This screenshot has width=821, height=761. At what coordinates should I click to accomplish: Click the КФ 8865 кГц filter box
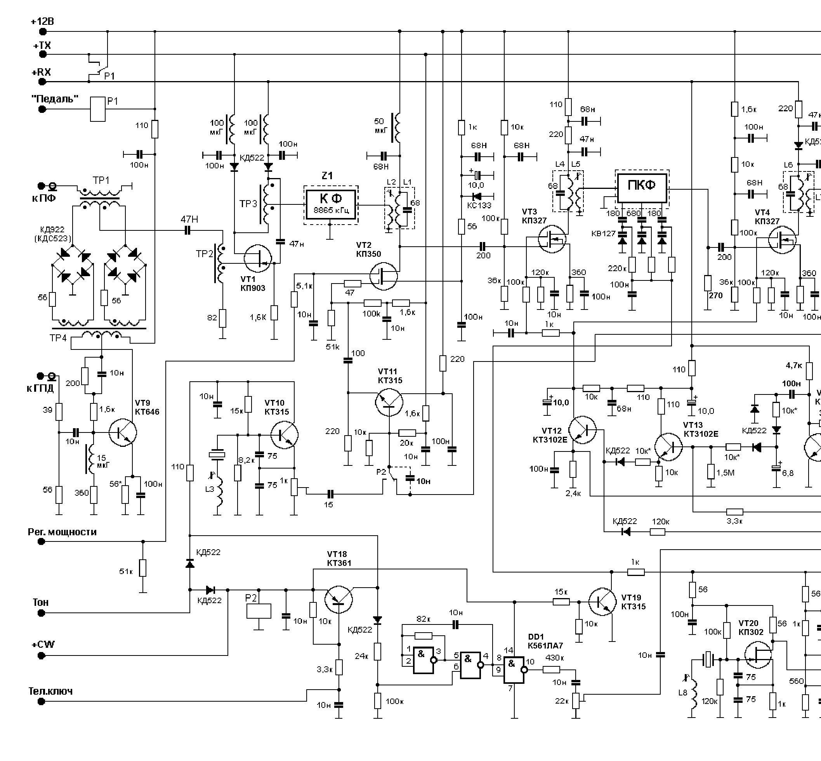(x=331, y=205)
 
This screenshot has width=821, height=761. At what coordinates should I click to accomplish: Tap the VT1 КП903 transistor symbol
(x=258, y=258)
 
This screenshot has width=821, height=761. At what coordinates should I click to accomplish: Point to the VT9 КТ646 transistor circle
(x=123, y=432)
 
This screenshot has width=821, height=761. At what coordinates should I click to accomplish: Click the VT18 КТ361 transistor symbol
(x=339, y=600)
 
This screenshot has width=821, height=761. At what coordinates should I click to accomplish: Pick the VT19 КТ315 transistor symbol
(x=602, y=602)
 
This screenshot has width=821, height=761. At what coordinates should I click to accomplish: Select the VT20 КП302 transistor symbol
(x=758, y=655)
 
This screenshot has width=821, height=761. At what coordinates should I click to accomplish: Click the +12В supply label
(x=42, y=21)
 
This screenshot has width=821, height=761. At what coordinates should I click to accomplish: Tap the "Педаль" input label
(x=55, y=99)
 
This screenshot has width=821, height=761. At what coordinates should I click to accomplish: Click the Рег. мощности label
(x=62, y=532)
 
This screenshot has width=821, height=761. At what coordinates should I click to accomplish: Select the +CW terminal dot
(x=41, y=655)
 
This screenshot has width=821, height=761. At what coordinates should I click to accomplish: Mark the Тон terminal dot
(x=41, y=613)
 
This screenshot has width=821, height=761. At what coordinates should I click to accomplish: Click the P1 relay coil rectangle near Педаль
(x=98, y=109)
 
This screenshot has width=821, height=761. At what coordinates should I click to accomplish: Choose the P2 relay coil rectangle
(x=259, y=611)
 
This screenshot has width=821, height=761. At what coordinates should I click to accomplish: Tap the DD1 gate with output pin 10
(x=514, y=670)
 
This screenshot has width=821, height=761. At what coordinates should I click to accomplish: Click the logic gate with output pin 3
(x=424, y=660)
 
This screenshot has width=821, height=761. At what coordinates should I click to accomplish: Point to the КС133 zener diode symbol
(x=477, y=196)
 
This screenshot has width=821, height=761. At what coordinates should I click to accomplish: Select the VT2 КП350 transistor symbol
(x=384, y=276)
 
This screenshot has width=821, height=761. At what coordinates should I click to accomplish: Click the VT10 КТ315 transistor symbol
(x=285, y=434)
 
